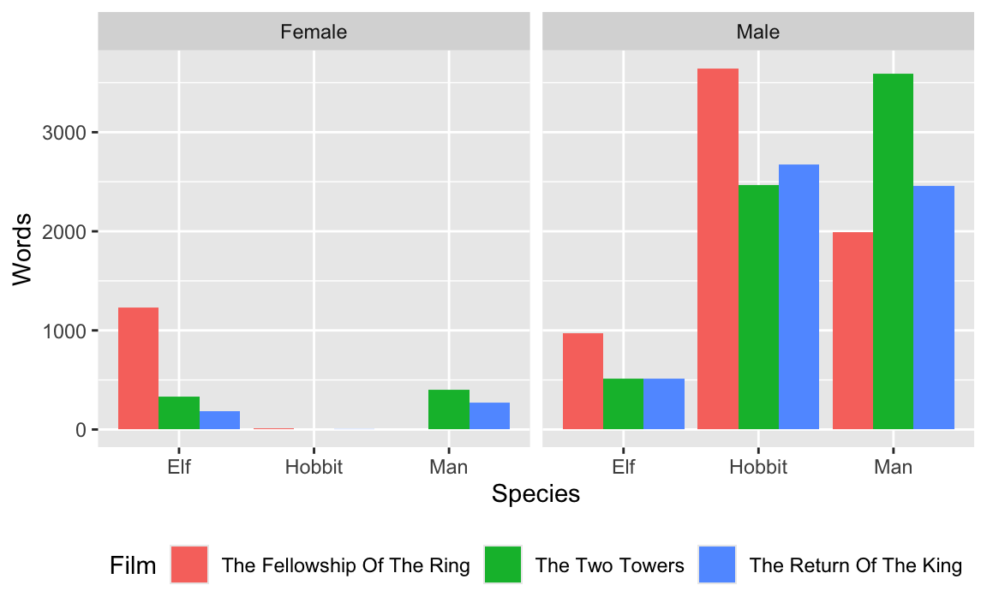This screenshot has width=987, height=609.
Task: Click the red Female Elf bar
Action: (138, 368)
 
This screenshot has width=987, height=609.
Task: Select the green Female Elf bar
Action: (178, 413)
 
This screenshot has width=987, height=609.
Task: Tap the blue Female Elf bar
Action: (219, 420)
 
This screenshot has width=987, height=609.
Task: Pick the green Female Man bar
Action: (448, 409)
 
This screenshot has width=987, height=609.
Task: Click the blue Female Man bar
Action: (489, 415)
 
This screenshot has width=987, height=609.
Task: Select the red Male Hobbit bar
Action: (718, 248)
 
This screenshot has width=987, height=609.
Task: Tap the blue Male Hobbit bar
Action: (799, 296)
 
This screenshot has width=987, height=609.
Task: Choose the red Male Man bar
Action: (852, 331)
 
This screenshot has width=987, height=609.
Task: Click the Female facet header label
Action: (314, 33)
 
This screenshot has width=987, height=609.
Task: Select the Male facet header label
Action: (758, 33)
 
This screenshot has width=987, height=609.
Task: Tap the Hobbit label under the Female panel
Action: (314, 468)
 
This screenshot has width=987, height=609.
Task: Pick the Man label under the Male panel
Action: (893, 468)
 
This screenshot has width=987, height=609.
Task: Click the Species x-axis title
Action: (535, 494)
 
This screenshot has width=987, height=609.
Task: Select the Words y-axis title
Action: (22, 248)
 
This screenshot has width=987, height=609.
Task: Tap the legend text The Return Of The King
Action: (855, 565)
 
